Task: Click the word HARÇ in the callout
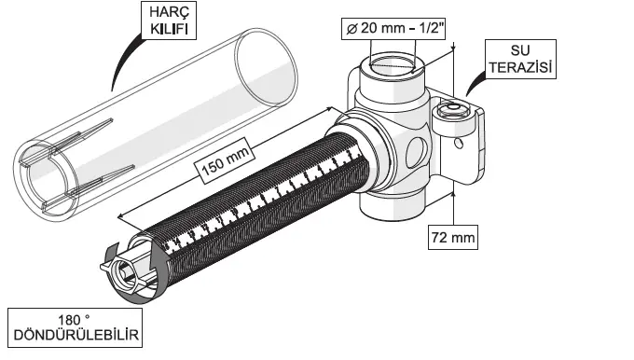(169, 12)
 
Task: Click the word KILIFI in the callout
(169, 29)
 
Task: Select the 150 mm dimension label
(225, 161)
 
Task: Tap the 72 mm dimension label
(453, 237)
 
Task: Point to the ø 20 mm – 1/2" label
(393, 28)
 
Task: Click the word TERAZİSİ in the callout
(520, 67)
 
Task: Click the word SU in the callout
(520, 50)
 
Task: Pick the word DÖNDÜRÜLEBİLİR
(76, 335)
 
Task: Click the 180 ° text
(74, 320)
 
